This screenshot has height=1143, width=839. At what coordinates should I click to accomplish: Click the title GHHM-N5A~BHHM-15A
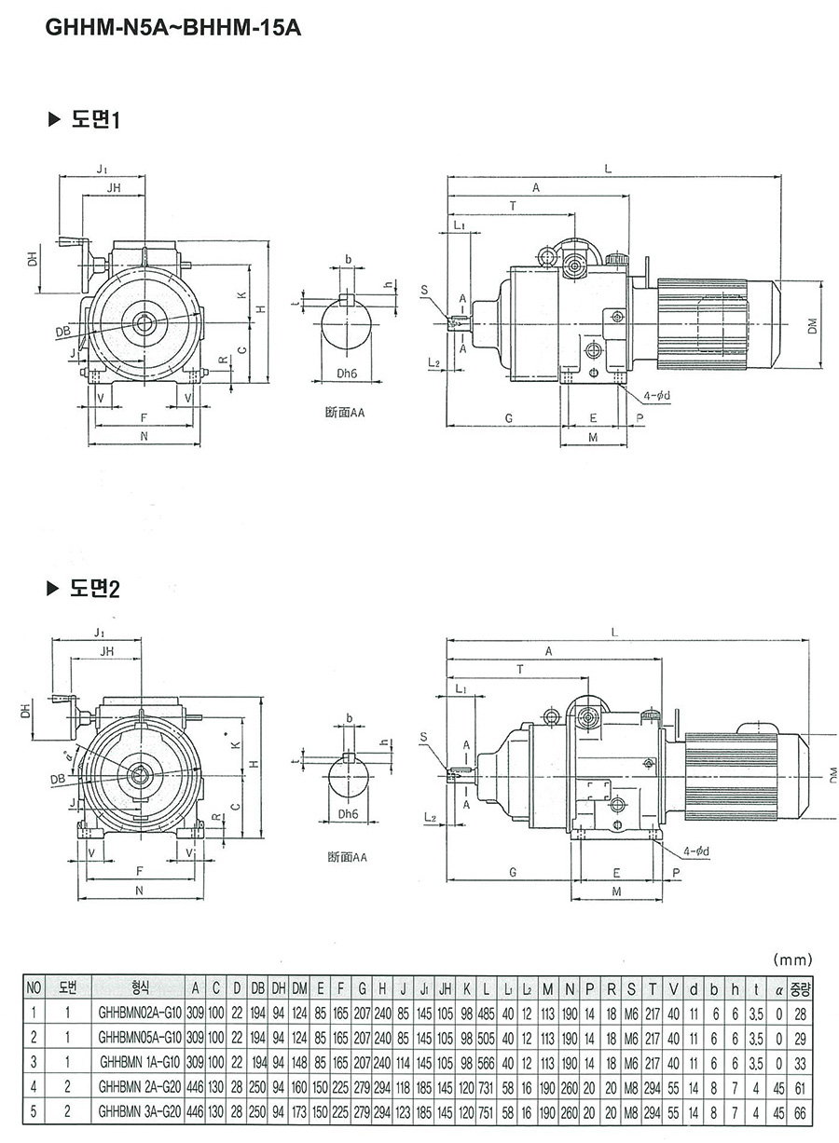click(173, 29)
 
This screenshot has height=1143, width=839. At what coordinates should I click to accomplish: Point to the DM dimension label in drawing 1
click(813, 325)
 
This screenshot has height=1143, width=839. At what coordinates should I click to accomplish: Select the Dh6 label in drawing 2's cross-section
click(348, 813)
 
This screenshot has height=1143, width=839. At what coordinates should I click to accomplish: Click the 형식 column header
click(139, 987)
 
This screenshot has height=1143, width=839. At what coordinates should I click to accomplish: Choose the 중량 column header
click(801, 987)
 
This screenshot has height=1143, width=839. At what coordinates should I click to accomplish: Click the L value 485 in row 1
click(487, 1011)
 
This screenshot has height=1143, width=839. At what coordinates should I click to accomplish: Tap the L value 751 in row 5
click(487, 1109)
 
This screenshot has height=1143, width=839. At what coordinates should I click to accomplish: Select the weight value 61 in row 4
click(801, 1085)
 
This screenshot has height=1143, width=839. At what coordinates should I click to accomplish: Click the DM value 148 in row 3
click(299, 1060)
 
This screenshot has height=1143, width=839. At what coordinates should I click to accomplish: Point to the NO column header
click(34, 987)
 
